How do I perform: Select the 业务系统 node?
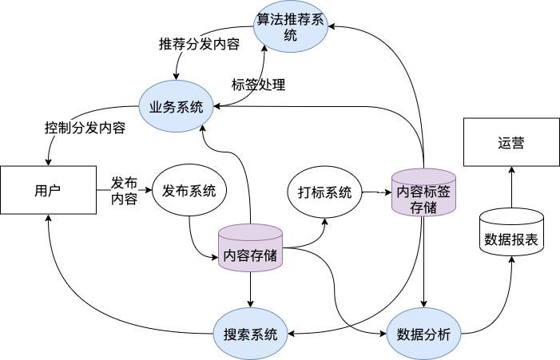click(x=177, y=107)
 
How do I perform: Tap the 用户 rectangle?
click(x=48, y=191)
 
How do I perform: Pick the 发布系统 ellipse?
click(x=189, y=191)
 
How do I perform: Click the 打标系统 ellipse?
click(x=324, y=192)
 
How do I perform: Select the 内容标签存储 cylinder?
click(x=423, y=192)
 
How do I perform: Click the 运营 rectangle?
click(x=511, y=143)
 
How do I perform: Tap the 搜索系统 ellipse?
click(x=251, y=334)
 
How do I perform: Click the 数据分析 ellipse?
click(x=423, y=334)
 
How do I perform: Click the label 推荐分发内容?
click(x=200, y=44)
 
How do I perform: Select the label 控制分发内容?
click(x=85, y=128)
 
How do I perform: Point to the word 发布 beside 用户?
click(x=124, y=182)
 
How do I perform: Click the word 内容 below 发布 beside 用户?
click(x=124, y=199)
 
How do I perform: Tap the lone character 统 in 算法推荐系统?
click(x=291, y=35)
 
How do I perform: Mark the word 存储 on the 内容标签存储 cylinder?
click(x=423, y=207)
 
